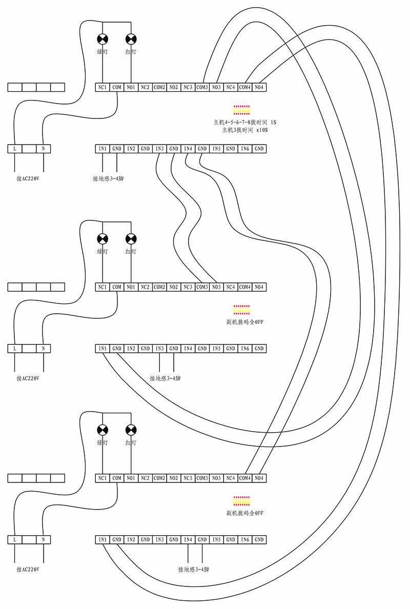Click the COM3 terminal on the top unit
point(202,87)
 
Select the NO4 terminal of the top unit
point(259,87)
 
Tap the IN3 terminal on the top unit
point(159,149)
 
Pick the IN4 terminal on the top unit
point(188,149)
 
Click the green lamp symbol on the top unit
point(103,38)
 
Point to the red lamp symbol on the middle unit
point(131,238)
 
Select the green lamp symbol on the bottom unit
point(103,430)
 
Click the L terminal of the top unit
point(15,149)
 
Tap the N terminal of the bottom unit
point(44,539)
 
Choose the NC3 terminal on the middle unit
point(188,287)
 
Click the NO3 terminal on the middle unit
point(216,287)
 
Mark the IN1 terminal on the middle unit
point(102,349)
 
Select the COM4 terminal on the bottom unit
point(245,478)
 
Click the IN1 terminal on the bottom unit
point(102,539)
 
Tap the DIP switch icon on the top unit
point(241,109)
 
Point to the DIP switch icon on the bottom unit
point(241,501)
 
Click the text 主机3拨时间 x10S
point(244,130)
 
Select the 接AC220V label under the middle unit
point(28,378)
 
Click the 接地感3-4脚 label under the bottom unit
point(193,569)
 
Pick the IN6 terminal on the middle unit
point(245,349)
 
